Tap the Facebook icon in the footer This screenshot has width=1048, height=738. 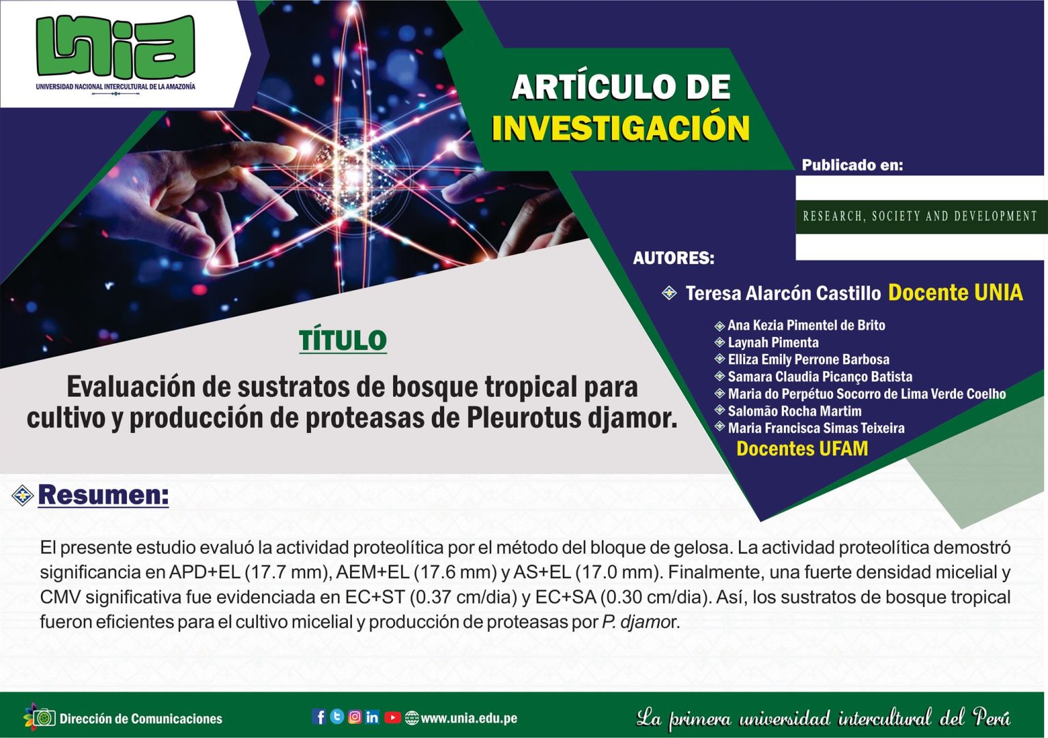(x=319, y=717)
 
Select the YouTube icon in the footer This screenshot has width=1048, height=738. (x=392, y=718)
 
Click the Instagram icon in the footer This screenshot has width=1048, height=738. (x=355, y=717)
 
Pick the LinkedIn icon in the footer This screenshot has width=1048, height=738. (x=373, y=717)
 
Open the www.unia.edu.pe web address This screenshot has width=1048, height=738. (x=469, y=718)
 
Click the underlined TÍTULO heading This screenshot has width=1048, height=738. (x=343, y=340)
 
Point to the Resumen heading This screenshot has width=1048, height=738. (x=104, y=495)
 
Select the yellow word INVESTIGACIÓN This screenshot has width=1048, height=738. (x=620, y=128)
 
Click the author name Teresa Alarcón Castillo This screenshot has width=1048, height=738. (x=783, y=293)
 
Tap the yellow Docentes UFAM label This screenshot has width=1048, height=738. (x=802, y=449)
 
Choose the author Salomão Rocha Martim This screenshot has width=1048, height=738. (x=794, y=411)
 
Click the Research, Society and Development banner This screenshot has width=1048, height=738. (x=920, y=217)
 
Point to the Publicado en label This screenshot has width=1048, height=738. (x=852, y=164)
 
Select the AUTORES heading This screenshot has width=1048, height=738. (x=673, y=258)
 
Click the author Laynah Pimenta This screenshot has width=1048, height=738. (x=773, y=342)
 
